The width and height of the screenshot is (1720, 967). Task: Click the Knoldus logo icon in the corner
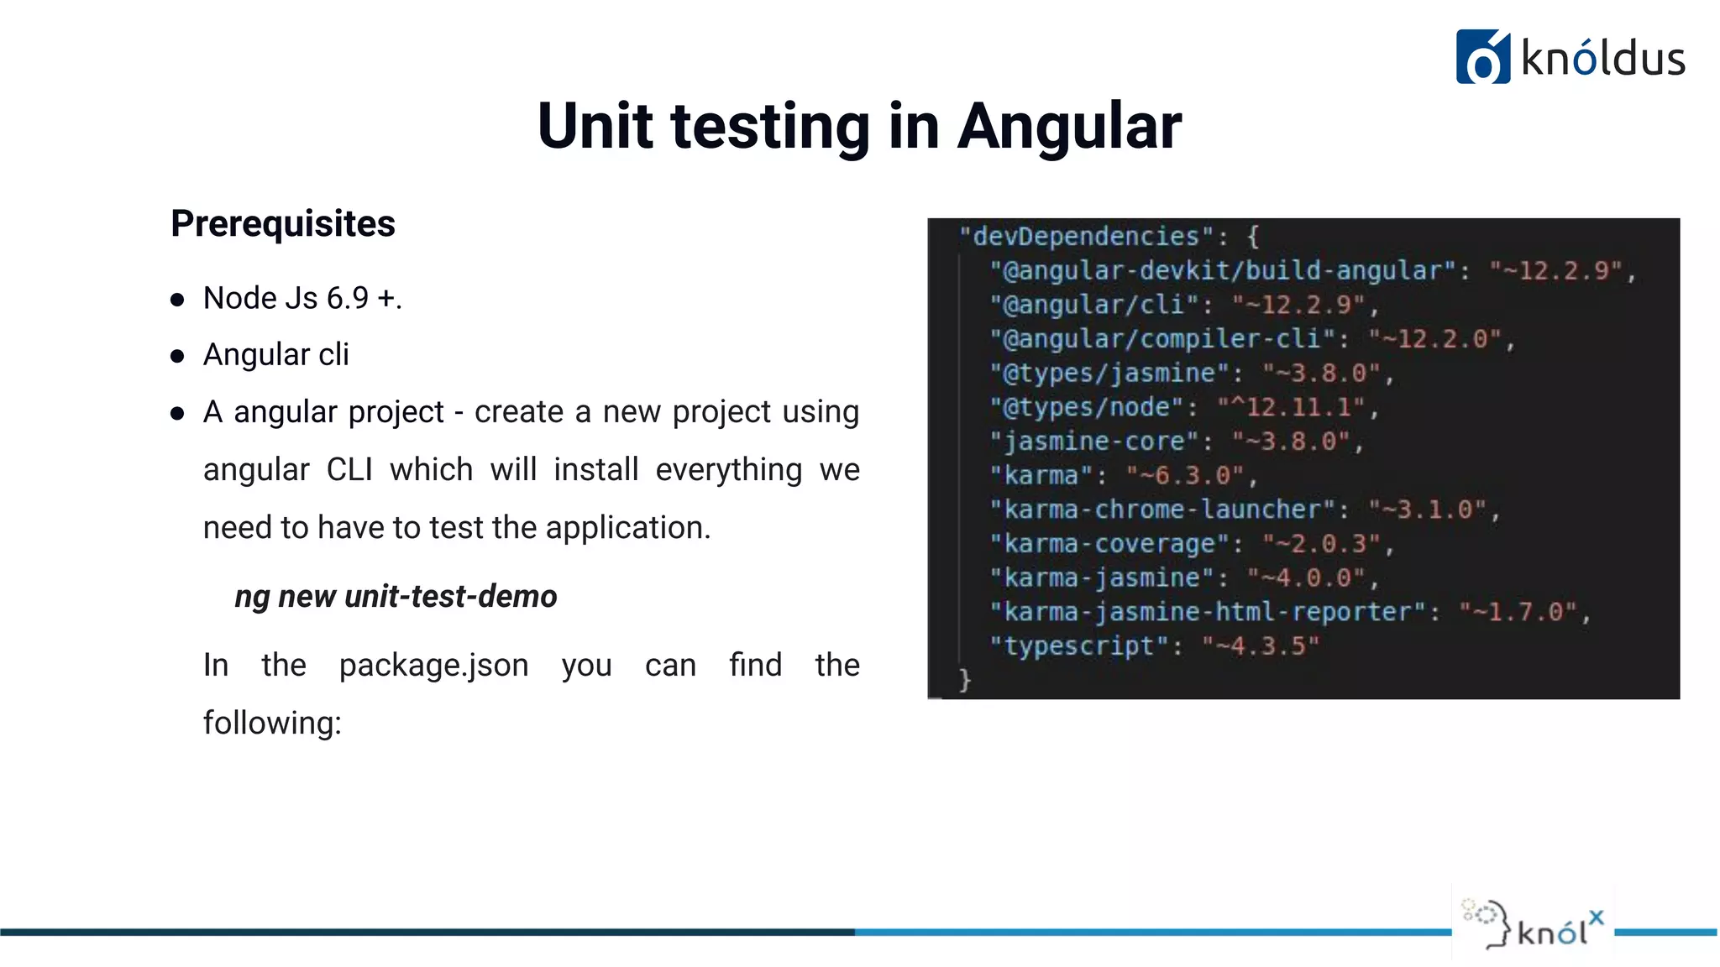[x=1482, y=57]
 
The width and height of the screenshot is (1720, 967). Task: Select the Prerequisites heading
[x=283, y=224]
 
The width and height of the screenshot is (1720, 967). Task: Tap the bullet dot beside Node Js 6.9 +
[x=177, y=300]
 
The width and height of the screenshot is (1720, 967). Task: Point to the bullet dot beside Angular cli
[x=177, y=356]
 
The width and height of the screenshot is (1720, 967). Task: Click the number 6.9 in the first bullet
[x=348, y=299]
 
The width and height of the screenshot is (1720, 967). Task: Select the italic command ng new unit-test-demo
[x=396, y=597]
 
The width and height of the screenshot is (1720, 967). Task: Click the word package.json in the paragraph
[x=433, y=666]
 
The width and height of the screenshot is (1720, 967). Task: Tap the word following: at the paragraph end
[x=272, y=723]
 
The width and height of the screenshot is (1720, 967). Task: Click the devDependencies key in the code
[x=1087, y=237]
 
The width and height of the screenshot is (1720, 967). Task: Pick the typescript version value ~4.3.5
[x=1261, y=646]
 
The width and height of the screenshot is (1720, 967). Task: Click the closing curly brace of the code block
[x=965, y=679]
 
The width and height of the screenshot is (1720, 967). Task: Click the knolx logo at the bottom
[x=1534, y=925]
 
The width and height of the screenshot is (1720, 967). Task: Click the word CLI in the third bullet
[x=349, y=470]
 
